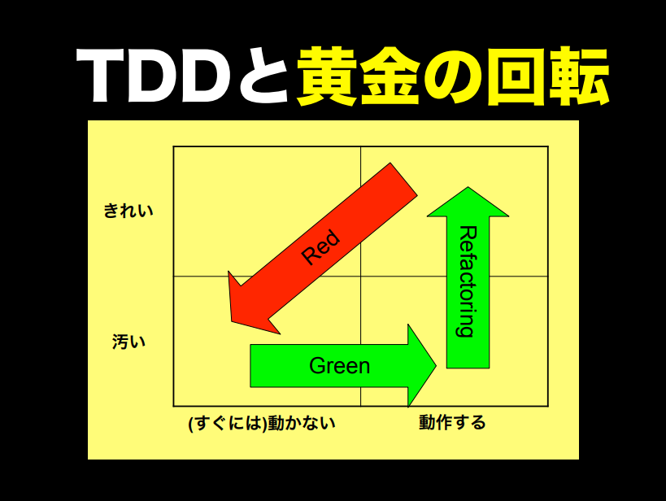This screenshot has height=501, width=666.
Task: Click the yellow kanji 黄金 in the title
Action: (x=359, y=78)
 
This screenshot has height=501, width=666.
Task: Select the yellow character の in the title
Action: (x=454, y=78)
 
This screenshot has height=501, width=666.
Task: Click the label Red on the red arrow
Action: (x=320, y=247)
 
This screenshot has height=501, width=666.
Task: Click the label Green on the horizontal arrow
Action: (x=339, y=366)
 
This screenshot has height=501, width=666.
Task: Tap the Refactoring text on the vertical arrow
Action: (x=468, y=281)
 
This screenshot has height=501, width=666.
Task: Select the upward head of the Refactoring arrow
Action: (x=468, y=199)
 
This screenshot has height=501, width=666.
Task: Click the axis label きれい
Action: (x=128, y=211)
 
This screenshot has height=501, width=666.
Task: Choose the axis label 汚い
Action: (x=128, y=342)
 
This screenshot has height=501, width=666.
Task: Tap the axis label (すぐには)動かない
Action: (x=261, y=423)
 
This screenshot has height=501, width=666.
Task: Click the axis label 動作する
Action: (x=452, y=423)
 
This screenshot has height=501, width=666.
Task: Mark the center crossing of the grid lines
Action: (x=360, y=277)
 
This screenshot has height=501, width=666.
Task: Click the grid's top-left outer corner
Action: (x=174, y=147)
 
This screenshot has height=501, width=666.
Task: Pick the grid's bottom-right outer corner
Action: (x=547, y=405)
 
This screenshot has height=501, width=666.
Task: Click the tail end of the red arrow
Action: (x=403, y=179)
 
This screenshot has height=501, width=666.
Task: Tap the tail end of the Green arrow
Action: (x=251, y=366)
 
